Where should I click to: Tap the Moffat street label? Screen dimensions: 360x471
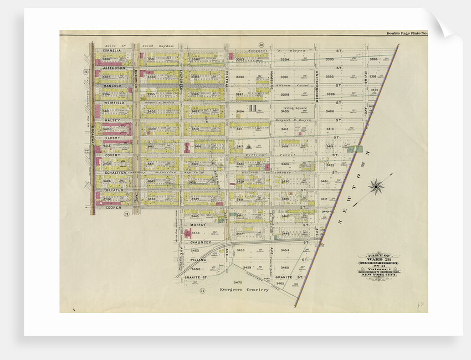coord(198,225)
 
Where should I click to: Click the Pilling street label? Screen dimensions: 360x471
coord(198,259)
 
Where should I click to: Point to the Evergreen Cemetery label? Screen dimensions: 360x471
coord(244,290)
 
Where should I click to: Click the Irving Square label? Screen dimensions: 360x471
coord(295,109)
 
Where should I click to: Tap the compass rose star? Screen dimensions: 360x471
coord(376,187)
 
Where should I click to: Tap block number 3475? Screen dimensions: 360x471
coord(238,282)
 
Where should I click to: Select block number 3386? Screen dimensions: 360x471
coord(374,59)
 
